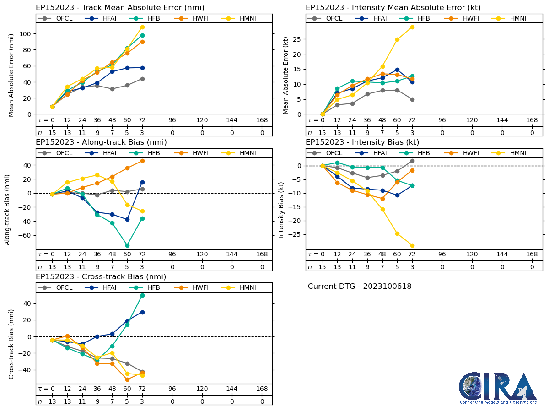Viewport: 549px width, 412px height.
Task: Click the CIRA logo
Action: [498, 388]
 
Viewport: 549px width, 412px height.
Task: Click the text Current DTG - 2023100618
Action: [360, 287]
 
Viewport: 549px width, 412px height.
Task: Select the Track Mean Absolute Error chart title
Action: [120, 8]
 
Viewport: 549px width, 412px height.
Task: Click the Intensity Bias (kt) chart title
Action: [362, 142]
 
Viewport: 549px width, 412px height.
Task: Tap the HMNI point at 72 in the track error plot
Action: [142, 27]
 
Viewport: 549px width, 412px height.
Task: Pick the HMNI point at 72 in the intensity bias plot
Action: [412, 245]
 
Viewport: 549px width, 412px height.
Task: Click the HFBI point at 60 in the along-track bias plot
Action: [127, 245]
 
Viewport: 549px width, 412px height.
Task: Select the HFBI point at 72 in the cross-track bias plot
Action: [142, 295]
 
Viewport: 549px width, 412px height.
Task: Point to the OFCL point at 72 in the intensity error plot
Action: [412, 99]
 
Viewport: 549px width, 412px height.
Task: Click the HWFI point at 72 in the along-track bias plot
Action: [142, 161]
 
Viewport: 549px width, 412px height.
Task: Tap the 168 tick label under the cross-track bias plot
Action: [262, 389]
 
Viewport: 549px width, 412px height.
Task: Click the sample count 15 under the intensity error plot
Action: [322, 132]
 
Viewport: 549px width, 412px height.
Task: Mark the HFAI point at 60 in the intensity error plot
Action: [397, 70]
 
